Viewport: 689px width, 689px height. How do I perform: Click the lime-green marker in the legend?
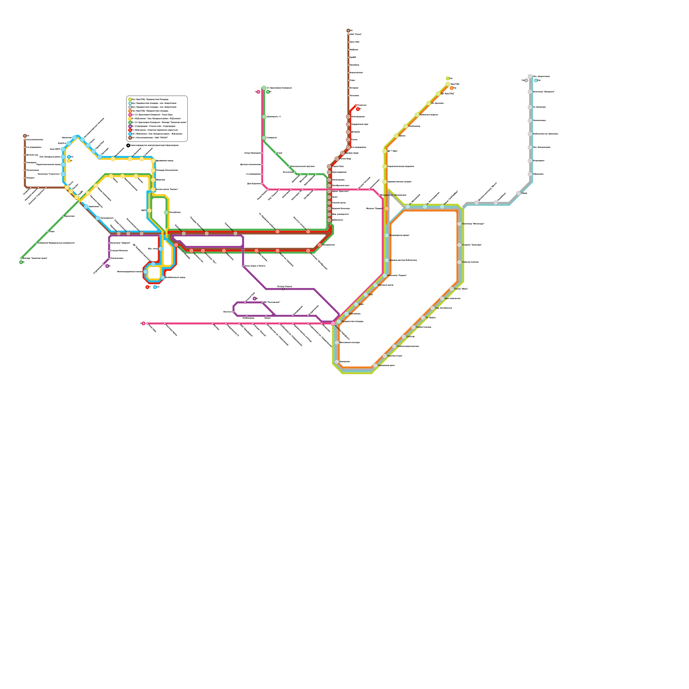(130, 99)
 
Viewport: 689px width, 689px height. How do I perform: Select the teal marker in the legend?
(130, 103)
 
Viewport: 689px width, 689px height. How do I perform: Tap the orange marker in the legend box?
(130, 111)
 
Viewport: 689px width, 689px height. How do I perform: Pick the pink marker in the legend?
(130, 115)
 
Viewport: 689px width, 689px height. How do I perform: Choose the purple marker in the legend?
(130, 126)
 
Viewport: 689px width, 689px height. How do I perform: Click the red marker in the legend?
(130, 130)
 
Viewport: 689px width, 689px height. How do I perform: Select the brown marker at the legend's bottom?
(130, 138)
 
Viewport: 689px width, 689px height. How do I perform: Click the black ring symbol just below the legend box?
(128, 146)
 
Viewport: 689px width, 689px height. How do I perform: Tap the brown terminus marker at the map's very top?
(348, 31)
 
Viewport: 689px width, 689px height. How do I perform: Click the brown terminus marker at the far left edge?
(25, 136)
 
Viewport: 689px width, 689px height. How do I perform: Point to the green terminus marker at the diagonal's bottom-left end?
(21, 262)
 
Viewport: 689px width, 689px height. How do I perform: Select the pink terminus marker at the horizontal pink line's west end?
(143, 323)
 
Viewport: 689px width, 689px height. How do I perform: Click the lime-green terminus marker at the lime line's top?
(448, 78)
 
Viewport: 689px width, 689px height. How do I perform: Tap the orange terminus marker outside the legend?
(452, 88)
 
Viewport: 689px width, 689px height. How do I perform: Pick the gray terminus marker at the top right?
(526, 81)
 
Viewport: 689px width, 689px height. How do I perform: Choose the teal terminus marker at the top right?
(536, 81)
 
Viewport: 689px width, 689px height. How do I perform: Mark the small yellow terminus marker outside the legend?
(69, 161)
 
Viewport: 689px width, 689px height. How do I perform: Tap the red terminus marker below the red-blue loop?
(147, 287)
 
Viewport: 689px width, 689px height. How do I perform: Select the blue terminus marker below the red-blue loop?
(155, 287)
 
